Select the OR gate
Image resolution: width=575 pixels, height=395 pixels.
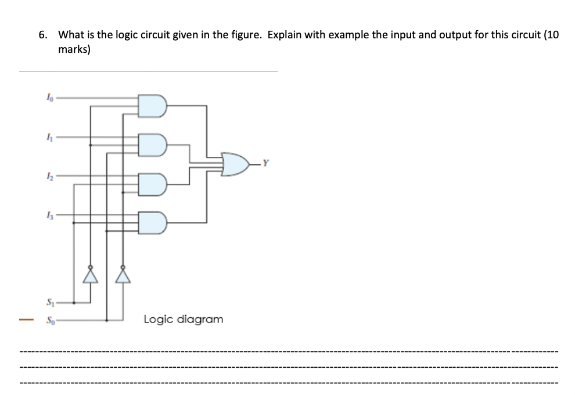pyautogui.click(x=235, y=164)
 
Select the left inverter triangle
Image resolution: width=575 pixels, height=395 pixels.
pyautogui.click(x=90, y=275)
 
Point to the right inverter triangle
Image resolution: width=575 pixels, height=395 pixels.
pyautogui.click(x=123, y=275)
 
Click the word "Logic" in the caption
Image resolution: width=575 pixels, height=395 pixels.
pyautogui.click(x=158, y=319)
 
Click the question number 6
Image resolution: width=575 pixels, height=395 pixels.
pyautogui.click(x=42, y=34)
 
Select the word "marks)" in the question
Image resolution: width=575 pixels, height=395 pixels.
pyautogui.click(x=74, y=50)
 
